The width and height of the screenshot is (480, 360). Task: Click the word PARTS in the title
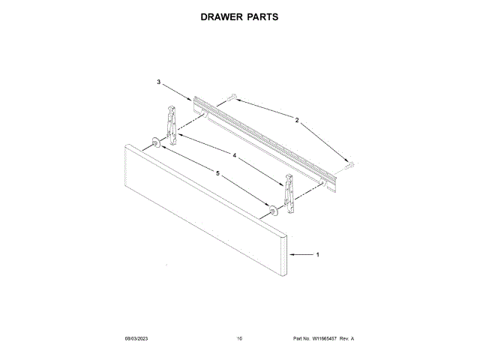[x=262, y=16]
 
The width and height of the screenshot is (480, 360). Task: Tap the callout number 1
[x=317, y=255]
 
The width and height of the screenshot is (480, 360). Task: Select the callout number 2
[x=296, y=120]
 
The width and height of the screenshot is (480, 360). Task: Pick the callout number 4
[x=235, y=155]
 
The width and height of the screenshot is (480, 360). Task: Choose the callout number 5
[x=218, y=173]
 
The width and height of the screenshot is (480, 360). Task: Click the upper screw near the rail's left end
[x=232, y=97]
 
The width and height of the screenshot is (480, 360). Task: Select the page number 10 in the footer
[x=239, y=339]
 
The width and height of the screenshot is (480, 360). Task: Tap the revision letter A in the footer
[x=352, y=339]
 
